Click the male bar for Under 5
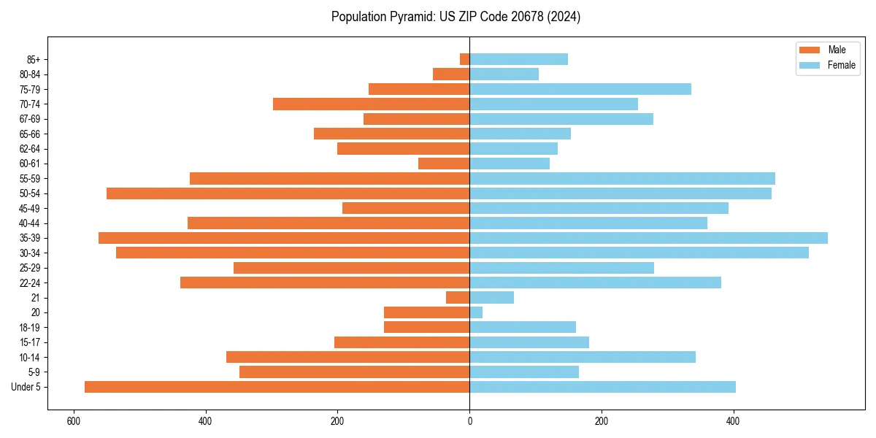(277, 387)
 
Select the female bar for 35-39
(648, 238)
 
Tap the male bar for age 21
(458, 297)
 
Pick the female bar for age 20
(476, 312)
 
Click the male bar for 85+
(465, 59)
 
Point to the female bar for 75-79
(580, 89)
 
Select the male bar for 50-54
(288, 193)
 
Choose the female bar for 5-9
(524, 372)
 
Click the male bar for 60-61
(444, 164)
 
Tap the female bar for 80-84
(504, 74)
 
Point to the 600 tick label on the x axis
(74, 421)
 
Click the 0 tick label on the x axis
(469, 421)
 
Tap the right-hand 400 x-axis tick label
(733, 421)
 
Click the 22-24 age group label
(30, 283)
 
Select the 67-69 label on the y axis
(30, 119)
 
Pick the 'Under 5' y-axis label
(26, 387)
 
